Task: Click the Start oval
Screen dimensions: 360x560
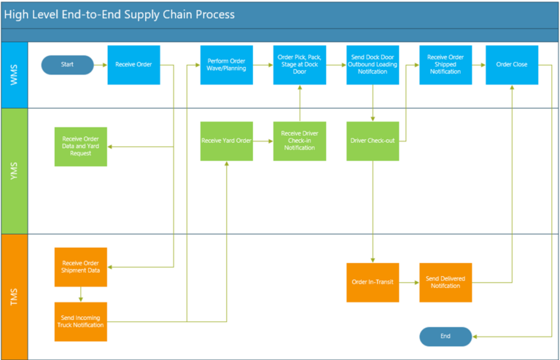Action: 68,65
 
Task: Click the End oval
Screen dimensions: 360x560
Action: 446,336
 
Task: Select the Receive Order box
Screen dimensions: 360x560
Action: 133,65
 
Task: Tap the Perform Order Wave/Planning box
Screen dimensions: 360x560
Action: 227,65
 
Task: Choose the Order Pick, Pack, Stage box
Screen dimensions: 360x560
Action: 300,65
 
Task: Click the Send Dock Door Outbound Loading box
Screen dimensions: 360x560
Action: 373,65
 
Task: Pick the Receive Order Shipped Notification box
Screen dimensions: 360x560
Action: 445,65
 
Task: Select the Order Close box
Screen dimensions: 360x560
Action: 512,65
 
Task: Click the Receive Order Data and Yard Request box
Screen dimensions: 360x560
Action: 81,146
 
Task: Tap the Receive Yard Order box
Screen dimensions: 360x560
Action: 227,141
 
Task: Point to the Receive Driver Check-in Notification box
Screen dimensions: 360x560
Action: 300,141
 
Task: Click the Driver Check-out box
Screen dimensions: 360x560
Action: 373,141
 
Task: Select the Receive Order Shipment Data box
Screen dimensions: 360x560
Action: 81,267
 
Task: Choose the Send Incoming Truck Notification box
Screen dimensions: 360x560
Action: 81,321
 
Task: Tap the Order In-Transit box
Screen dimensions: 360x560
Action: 373,282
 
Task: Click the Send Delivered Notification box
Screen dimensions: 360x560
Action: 445,282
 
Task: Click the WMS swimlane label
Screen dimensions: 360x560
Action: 14,75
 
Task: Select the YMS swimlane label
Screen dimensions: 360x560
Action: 14,171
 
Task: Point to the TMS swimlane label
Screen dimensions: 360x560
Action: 14,297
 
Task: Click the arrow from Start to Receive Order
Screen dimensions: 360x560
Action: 101,65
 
